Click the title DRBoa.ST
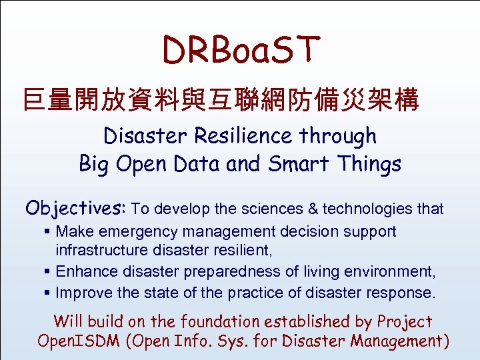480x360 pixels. pos(241,50)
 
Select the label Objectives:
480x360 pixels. pos(75,209)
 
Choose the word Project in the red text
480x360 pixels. pos(405,321)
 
